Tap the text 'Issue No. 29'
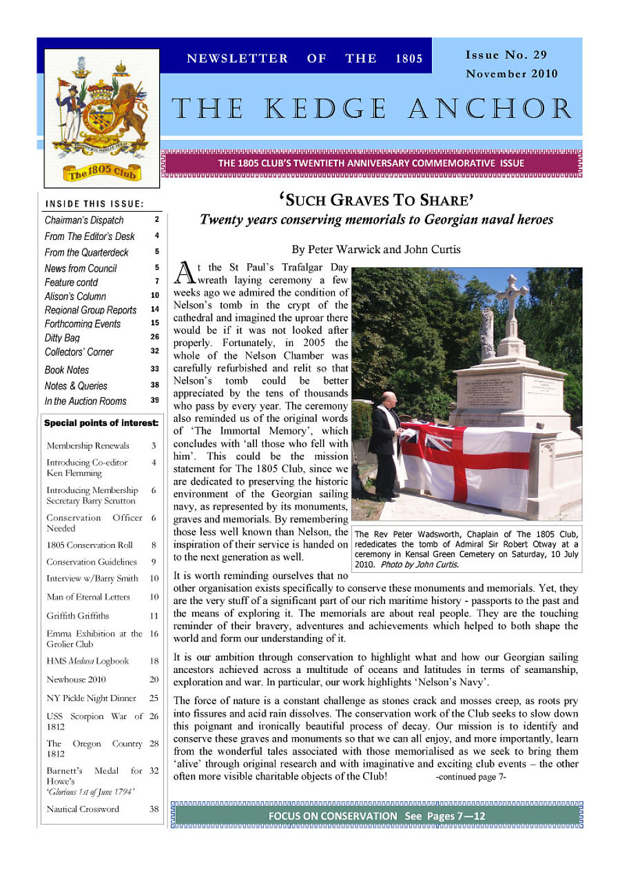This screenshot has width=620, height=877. coord(506,55)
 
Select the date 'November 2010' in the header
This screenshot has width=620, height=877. coord(511,74)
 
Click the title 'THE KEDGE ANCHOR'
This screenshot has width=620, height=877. coord(372,109)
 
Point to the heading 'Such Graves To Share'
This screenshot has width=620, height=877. coord(375,201)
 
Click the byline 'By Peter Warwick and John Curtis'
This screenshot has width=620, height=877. coord(375,250)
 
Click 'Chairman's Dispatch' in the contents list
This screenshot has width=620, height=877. coord(84,220)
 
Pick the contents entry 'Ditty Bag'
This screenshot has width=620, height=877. coord(62,338)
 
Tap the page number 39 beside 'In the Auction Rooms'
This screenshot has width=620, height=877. coord(155,401)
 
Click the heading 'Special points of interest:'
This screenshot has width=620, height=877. coord(101,423)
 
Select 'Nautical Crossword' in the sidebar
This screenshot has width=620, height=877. coord(83,809)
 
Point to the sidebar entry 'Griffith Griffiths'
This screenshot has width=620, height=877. coord(77,616)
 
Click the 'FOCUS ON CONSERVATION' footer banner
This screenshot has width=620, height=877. coord(377,816)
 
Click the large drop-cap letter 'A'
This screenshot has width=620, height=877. coord(184,272)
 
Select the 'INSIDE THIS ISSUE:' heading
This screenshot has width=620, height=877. coord(94,203)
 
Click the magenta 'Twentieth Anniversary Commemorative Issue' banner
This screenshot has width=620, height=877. coord(371,163)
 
